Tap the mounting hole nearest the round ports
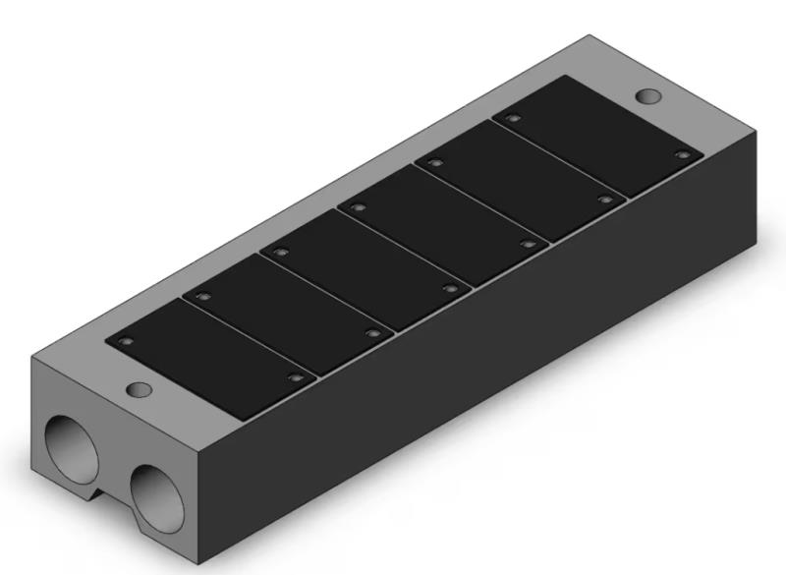click(x=140, y=390)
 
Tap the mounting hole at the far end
click(x=648, y=96)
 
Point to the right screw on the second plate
click(x=372, y=333)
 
